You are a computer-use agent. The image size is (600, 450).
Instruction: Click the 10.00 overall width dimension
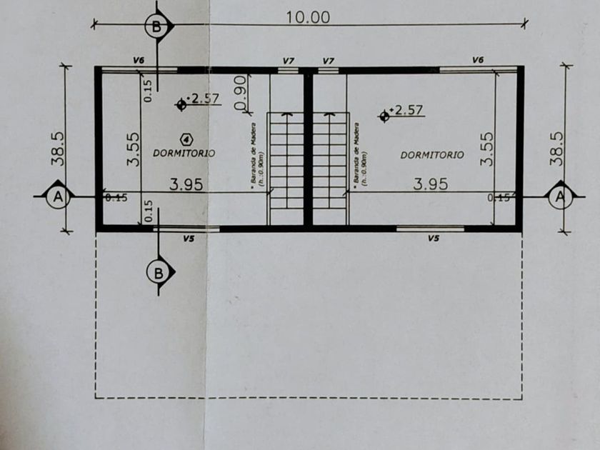click(308, 17)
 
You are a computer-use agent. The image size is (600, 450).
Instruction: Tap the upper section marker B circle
click(157, 28)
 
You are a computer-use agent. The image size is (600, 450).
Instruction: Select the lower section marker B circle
click(159, 272)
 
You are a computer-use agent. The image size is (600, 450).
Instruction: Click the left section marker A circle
click(56, 196)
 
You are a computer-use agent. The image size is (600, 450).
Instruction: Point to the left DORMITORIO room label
click(184, 153)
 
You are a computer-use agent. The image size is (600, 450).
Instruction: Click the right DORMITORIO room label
click(431, 154)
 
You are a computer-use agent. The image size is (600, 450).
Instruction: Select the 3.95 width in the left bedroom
click(186, 184)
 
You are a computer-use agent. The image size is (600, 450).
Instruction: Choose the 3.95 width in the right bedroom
click(431, 184)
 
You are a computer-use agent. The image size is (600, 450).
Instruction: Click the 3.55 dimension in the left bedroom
click(133, 149)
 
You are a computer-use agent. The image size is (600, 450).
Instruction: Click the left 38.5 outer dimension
click(58, 149)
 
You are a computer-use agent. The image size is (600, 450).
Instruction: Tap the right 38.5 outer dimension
click(558, 149)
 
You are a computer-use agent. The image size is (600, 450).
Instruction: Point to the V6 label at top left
click(139, 61)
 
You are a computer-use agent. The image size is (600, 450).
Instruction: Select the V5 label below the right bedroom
click(434, 238)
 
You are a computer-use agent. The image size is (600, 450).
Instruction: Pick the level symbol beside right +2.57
click(385, 115)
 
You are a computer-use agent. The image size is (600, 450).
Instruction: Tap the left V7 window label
click(288, 61)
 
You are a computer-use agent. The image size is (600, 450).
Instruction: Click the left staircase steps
click(285, 168)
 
